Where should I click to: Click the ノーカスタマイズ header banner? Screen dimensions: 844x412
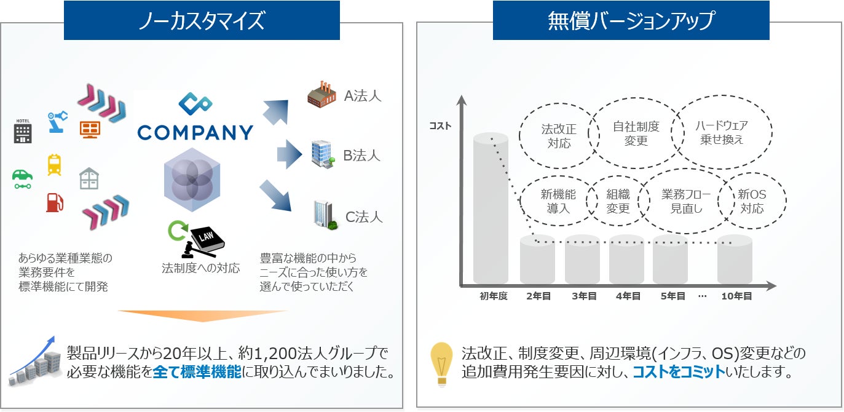point(202,20)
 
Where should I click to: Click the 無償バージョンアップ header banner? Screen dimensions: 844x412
point(631,20)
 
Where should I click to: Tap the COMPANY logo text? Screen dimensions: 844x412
point(195,132)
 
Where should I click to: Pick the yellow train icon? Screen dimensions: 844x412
point(54,165)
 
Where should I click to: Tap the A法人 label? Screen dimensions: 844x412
point(363,96)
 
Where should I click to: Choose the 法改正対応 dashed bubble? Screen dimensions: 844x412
point(559,137)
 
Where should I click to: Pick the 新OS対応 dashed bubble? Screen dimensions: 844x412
point(752,202)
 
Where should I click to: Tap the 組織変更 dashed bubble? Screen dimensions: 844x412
point(618,202)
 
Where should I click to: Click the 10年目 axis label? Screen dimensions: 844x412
point(736,296)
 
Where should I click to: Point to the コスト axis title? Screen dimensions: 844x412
point(440,126)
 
